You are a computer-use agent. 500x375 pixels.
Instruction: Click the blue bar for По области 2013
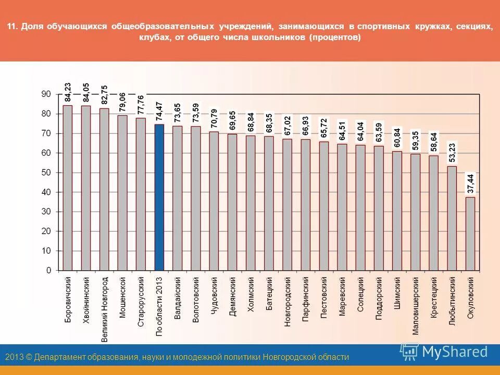tap(159, 197)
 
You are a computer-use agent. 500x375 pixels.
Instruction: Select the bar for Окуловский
tap(470, 234)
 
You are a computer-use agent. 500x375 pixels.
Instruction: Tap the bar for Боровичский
tap(68, 188)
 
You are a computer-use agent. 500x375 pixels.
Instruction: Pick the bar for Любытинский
tap(452, 218)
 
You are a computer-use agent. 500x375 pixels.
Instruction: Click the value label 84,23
tap(68, 92)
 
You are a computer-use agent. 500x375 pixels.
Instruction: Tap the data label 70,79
tap(214, 118)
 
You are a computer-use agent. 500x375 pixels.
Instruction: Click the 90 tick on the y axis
tap(46, 94)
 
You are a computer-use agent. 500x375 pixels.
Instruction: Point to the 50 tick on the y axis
tap(46, 172)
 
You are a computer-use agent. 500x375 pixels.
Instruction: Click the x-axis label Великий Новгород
tap(105, 309)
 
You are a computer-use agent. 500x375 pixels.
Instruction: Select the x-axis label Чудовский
tap(214, 296)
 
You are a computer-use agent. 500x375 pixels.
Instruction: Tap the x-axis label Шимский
tap(397, 294)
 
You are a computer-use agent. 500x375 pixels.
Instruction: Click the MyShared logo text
tap(455, 352)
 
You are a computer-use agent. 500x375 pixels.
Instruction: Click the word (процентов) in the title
tap(334, 38)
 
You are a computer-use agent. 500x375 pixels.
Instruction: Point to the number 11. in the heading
tap(12, 27)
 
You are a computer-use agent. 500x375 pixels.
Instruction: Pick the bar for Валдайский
tap(177, 198)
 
